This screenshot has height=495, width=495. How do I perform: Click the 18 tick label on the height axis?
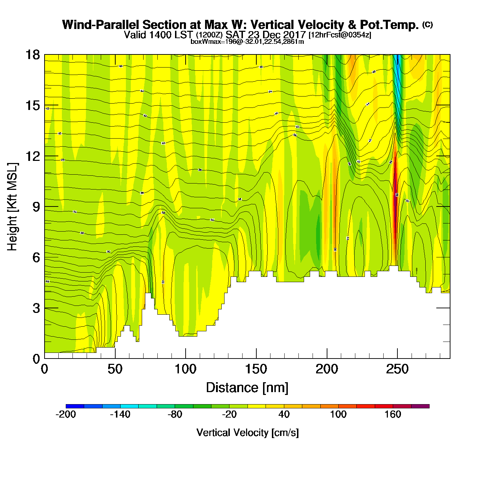[33, 55]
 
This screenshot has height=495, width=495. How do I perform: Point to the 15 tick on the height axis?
[33, 105]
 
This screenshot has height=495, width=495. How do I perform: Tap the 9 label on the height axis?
[36, 207]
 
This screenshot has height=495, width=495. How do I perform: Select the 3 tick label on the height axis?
[36, 308]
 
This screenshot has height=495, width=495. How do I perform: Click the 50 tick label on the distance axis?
[115, 369]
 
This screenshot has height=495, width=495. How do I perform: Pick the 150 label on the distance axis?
[256, 369]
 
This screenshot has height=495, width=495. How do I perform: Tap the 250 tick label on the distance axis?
[397, 369]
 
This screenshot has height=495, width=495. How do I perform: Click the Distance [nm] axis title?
[247, 388]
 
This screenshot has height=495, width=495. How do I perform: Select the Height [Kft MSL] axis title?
[13, 207]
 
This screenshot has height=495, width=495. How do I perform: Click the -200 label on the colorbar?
[66, 414]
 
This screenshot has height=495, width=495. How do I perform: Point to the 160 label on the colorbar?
[393, 414]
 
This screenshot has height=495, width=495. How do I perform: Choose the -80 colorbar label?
[175, 414]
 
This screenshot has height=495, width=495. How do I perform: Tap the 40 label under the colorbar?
[284, 414]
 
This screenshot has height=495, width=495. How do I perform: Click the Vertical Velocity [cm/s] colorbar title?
[248, 432]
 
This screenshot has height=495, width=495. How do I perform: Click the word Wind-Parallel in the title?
[101, 25]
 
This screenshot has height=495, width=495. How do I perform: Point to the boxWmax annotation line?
[247, 42]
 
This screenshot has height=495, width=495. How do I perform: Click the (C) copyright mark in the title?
[427, 24]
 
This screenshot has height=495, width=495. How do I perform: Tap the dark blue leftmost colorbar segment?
[75, 406]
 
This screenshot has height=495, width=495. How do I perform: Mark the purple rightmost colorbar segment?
[420, 406]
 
